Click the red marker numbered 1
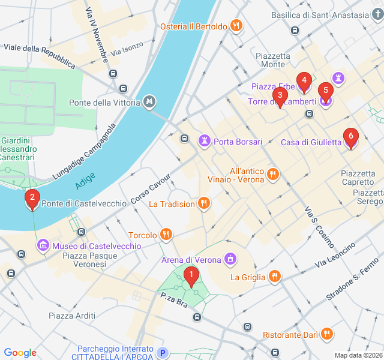(x=191, y=277)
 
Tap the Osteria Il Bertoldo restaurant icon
(x=236, y=26)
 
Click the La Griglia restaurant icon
(x=274, y=277)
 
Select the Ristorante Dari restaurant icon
(x=326, y=334)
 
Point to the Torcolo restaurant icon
(x=166, y=235)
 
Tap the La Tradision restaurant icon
(x=204, y=203)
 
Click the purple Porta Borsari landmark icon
(x=205, y=141)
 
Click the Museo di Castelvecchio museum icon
(x=43, y=245)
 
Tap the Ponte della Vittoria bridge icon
(x=149, y=102)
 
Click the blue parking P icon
(x=161, y=353)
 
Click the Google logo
(x=20, y=353)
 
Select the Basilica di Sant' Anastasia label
(x=319, y=15)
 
